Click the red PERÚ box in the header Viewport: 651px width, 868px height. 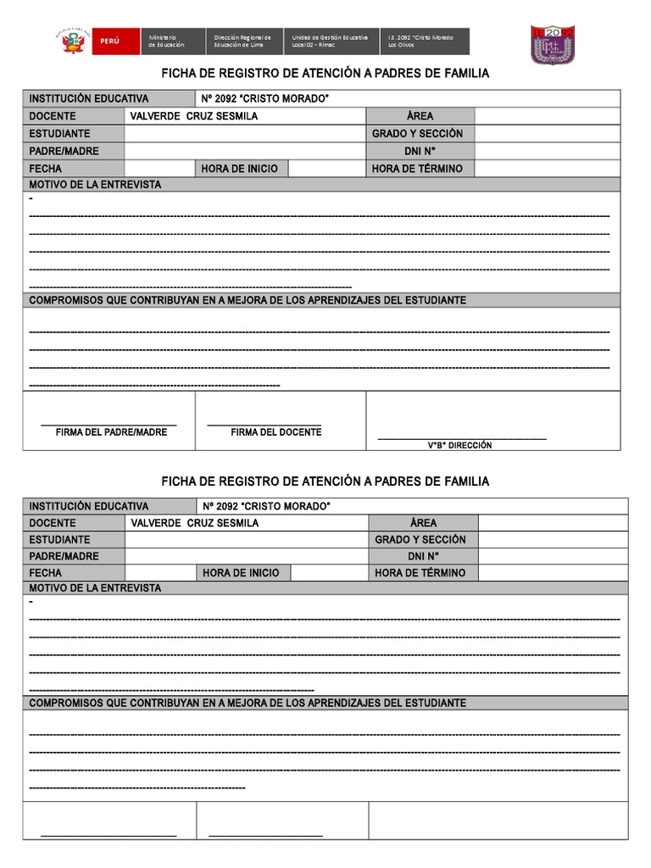click(x=110, y=41)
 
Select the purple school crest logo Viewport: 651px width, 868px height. click(x=553, y=44)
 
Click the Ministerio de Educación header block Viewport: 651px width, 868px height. click(x=175, y=41)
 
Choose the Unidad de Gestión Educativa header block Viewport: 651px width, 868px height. click(x=331, y=41)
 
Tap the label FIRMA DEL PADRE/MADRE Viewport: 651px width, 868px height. click(x=111, y=432)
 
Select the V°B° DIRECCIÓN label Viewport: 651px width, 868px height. click(x=459, y=445)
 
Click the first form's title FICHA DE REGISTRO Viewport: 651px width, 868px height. click(x=325, y=74)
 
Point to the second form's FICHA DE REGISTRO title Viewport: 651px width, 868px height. click(x=325, y=481)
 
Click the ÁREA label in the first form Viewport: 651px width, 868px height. click(x=420, y=116)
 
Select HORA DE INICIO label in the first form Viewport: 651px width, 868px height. click(x=239, y=169)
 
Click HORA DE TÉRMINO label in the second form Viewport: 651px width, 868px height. click(x=420, y=573)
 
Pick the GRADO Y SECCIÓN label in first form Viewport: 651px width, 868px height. click(x=417, y=134)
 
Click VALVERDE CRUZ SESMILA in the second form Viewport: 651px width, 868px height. click(x=195, y=523)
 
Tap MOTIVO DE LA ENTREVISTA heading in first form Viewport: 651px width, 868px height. click(x=95, y=185)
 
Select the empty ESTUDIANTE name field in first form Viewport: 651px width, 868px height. click(x=244, y=134)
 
